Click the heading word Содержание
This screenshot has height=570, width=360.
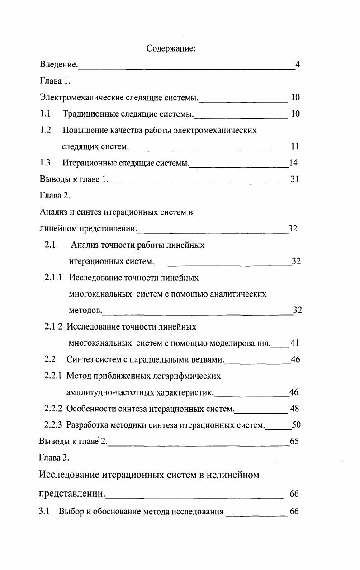pyautogui.click(x=171, y=48)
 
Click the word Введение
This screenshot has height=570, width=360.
pyautogui.click(x=58, y=65)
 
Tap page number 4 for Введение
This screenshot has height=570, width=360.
pyautogui.click(x=297, y=65)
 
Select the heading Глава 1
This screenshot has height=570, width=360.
pyautogui.click(x=54, y=81)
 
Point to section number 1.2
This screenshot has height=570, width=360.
pyautogui.click(x=45, y=130)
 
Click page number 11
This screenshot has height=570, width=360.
pyautogui.click(x=295, y=146)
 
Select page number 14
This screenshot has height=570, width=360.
pyautogui.click(x=293, y=163)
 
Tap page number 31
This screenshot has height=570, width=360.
pyautogui.click(x=295, y=179)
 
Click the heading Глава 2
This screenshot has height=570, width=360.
pyautogui.click(x=54, y=196)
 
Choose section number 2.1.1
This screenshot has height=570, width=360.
pyautogui.click(x=53, y=278)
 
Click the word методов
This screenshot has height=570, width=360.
pyautogui.click(x=85, y=311)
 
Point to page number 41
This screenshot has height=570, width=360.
pyautogui.click(x=295, y=343)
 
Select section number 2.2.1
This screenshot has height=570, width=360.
pyautogui.click(x=53, y=376)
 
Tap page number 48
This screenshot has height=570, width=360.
pyautogui.click(x=294, y=409)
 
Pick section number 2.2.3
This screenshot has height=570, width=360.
pyautogui.click(x=53, y=425)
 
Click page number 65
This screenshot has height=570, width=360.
pyautogui.click(x=294, y=441)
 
